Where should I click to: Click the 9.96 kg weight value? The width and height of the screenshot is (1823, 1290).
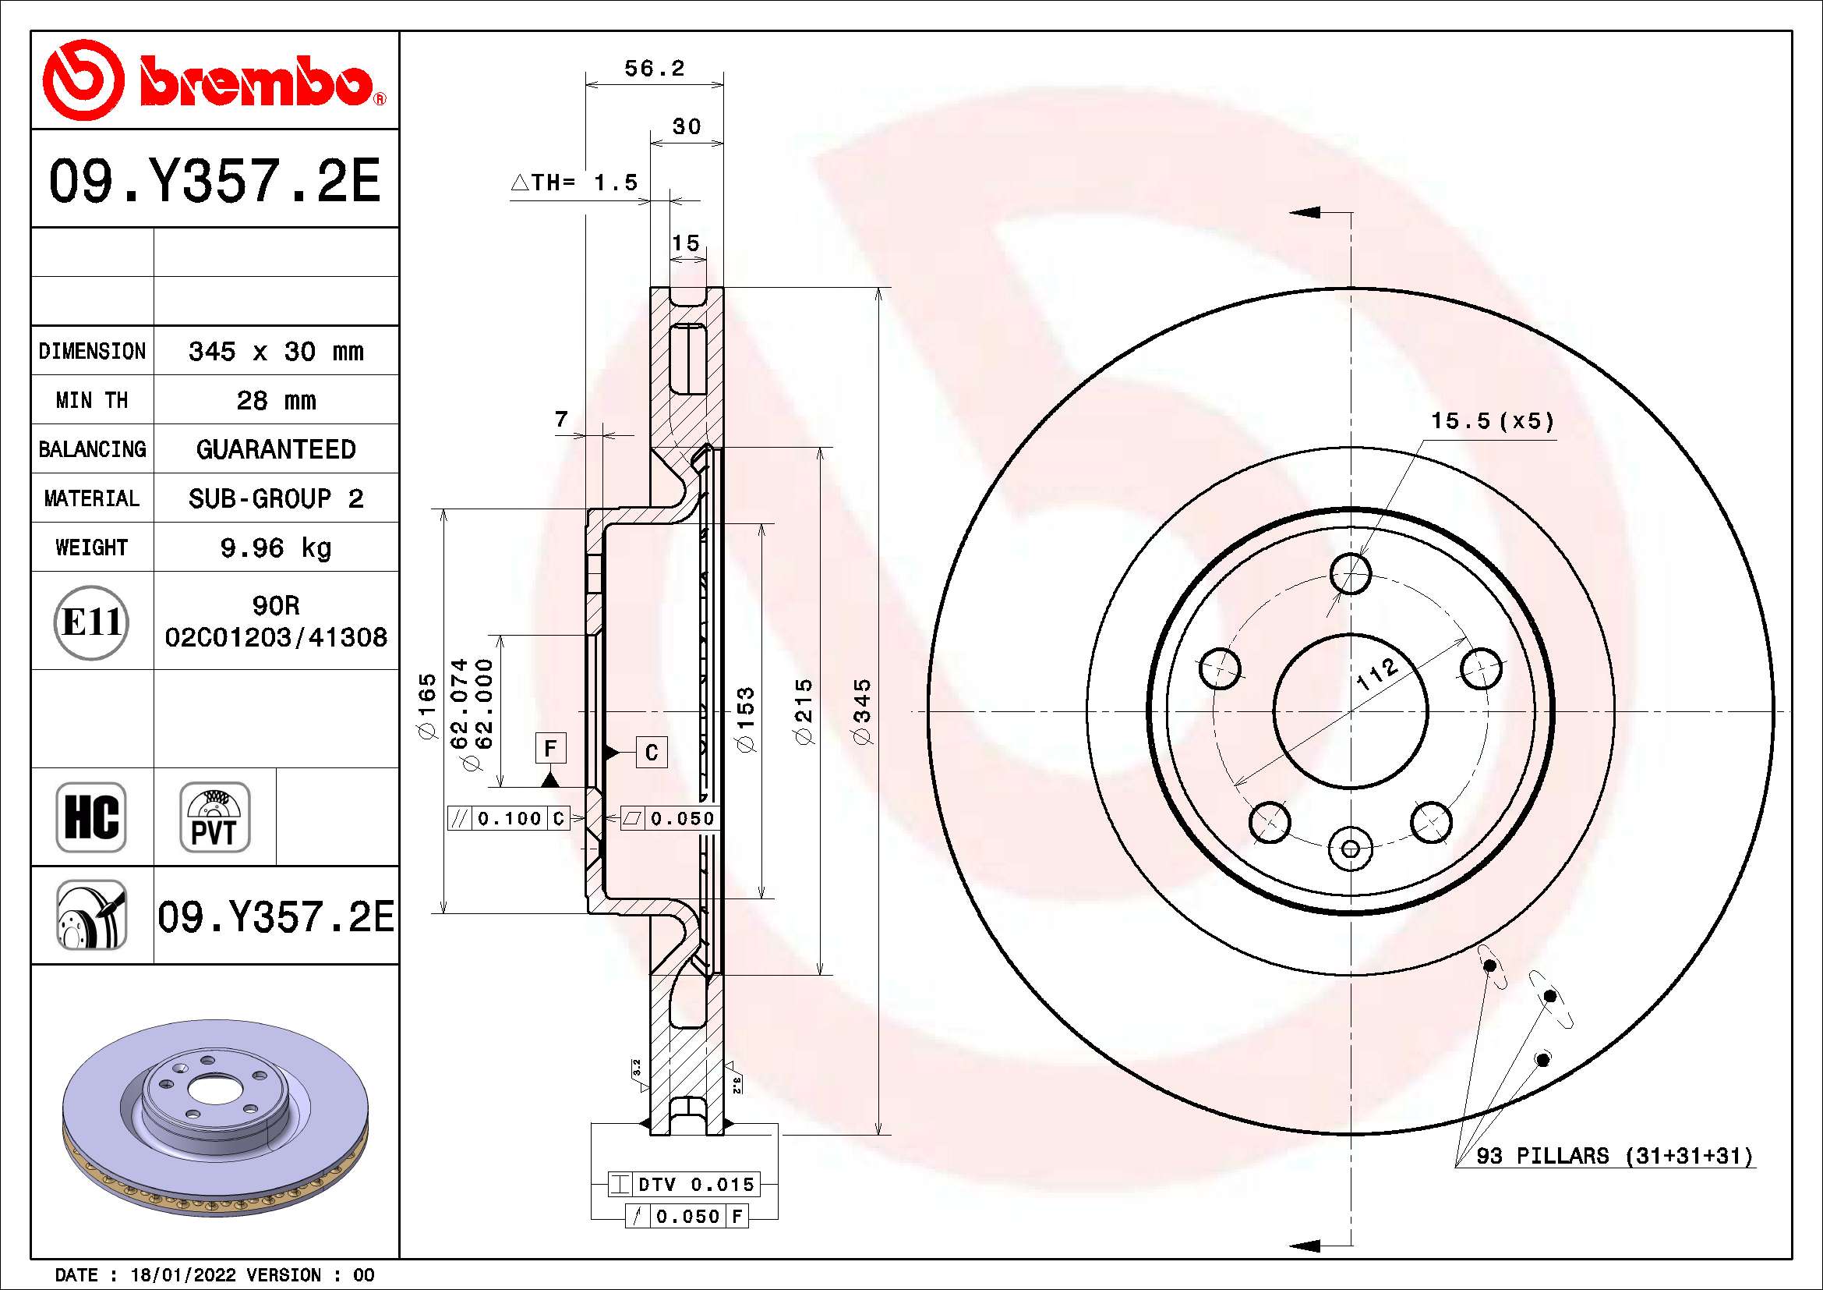[x=275, y=548]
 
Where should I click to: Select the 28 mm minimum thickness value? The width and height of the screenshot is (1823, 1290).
[x=275, y=400]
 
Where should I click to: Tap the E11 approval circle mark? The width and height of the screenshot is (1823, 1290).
[x=91, y=622]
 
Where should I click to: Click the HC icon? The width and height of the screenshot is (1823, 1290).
[x=91, y=817]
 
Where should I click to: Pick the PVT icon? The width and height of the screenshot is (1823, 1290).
[x=214, y=817]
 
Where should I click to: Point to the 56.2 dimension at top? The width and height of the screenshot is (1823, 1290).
[x=653, y=69]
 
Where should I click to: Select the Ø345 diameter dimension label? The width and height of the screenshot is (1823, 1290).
[x=861, y=711]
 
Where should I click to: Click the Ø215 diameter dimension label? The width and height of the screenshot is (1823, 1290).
[x=804, y=711]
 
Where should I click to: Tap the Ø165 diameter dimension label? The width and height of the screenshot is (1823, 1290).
[x=427, y=706]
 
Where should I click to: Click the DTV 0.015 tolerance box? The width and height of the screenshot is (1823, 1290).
[x=684, y=1185]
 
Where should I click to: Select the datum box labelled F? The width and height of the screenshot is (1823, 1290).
[x=550, y=748]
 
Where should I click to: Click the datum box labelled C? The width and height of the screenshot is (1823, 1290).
[x=651, y=752]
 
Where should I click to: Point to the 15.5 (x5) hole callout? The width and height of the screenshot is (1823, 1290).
[x=1492, y=421]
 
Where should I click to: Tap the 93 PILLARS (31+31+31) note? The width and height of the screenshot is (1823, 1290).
[x=1613, y=1156]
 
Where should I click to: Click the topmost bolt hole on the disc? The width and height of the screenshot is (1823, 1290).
[x=1351, y=573]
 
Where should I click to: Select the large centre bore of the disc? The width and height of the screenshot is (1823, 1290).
[x=1351, y=711]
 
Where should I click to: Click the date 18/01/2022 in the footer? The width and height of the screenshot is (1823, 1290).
[x=182, y=1275]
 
